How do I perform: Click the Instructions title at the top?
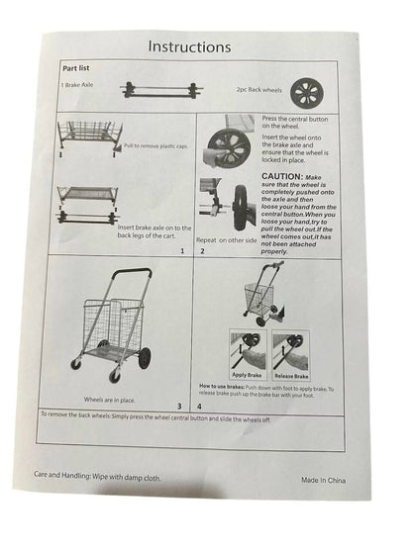pyautogui.click(x=189, y=46)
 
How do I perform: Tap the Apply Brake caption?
pyautogui.click(x=248, y=377)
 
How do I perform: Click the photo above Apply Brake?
pyautogui.click(x=248, y=351)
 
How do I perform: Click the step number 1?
pyautogui.click(x=182, y=251)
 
